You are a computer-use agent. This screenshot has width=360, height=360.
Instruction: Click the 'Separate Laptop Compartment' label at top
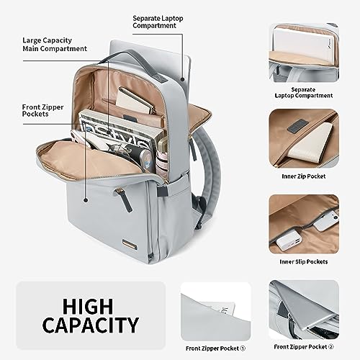pyautogui.click(x=158, y=22)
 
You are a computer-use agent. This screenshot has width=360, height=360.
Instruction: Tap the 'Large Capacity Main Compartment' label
pyautogui.click(x=55, y=45)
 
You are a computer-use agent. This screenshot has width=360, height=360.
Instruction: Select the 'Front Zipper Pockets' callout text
pyautogui.click(x=42, y=110)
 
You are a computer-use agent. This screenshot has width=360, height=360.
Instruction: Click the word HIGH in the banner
pyautogui.click(x=88, y=306)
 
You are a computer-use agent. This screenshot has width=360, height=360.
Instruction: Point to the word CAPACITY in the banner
pyautogui.click(x=91, y=325)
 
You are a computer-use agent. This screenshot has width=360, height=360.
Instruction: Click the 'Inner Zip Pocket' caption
pyautogui.click(x=304, y=176)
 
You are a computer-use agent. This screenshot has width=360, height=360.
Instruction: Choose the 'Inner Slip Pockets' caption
pyautogui.click(x=304, y=261)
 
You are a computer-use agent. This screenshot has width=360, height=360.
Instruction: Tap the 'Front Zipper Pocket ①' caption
pyautogui.click(x=215, y=348)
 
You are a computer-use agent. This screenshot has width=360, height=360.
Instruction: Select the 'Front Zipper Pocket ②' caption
pyautogui.click(x=304, y=347)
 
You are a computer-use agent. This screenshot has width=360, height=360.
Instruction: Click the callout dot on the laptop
pyautogui.click(x=183, y=79)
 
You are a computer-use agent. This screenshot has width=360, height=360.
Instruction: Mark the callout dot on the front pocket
pyautogui.click(x=85, y=199)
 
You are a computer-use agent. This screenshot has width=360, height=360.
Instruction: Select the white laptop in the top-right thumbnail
pyautogui.click(x=303, y=43)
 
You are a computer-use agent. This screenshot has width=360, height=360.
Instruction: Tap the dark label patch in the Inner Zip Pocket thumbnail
pyautogui.click(x=297, y=126)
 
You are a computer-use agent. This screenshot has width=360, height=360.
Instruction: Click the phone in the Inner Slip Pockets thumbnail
pyautogui.click(x=326, y=222)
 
